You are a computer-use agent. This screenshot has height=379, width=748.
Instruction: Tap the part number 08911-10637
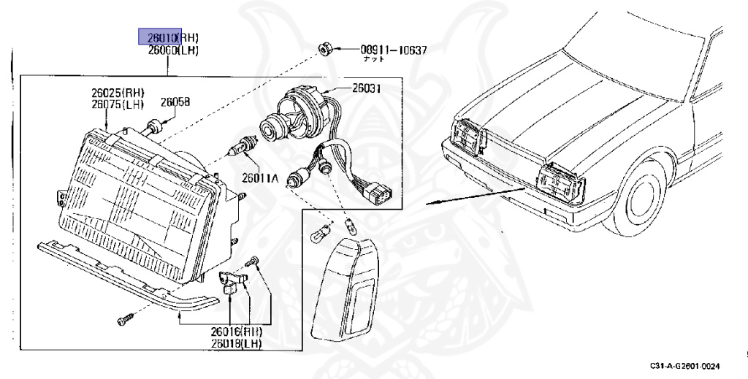coord(393,50)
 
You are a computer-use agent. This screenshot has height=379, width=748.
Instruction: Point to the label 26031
coord(367,88)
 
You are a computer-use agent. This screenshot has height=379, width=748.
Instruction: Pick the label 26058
coord(175,103)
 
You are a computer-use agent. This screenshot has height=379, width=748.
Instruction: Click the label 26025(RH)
coord(118,93)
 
